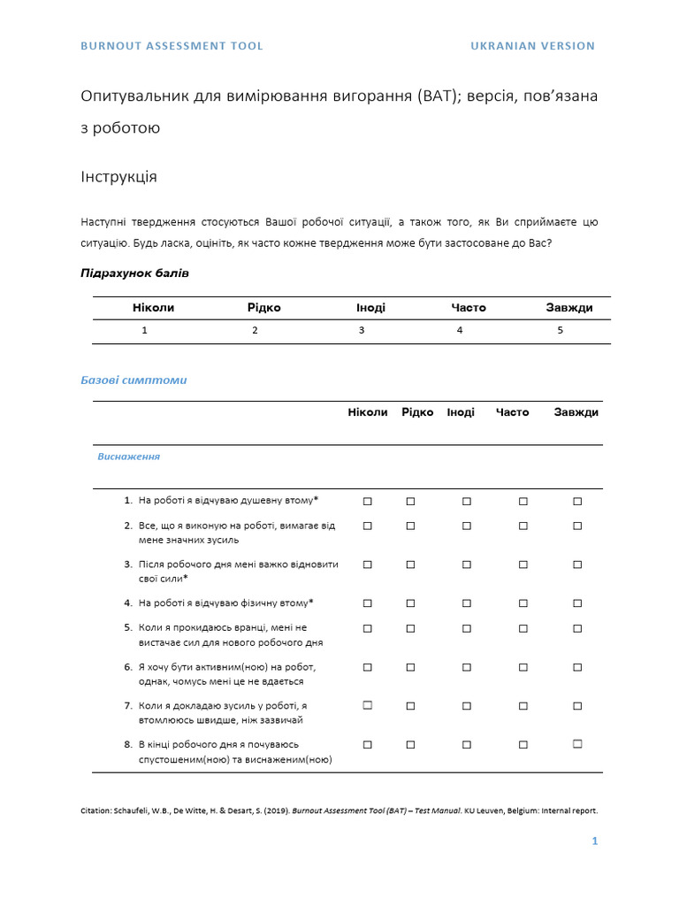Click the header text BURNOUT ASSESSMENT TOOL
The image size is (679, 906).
pyautogui.click(x=172, y=46)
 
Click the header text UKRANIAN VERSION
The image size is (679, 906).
pyautogui.click(x=532, y=46)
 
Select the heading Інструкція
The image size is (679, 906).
pyautogui.click(x=118, y=177)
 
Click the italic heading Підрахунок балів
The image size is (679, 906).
pyautogui.click(x=134, y=273)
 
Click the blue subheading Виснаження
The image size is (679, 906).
pyautogui.click(x=128, y=457)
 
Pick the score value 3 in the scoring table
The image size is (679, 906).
pyautogui.click(x=361, y=330)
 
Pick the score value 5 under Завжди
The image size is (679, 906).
pyautogui.click(x=560, y=330)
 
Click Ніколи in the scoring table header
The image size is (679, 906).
pyautogui.click(x=153, y=308)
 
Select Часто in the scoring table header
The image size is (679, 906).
pyautogui.click(x=469, y=308)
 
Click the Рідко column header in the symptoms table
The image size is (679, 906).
pyautogui.click(x=417, y=412)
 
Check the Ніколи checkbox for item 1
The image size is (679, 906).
pyautogui.click(x=368, y=501)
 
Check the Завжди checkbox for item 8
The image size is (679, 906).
pyautogui.click(x=577, y=745)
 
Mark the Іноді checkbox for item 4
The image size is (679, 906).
pyautogui.click(x=467, y=603)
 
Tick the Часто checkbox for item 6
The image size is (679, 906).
pyautogui.click(x=523, y=667)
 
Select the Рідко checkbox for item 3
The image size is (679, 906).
pyautogui.click(x=410, y=564)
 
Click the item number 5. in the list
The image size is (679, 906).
pyautogui.click(x=128, y=628)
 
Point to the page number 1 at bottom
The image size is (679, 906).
pyautogui.click(x=595, y=841)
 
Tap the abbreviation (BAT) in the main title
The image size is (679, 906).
pyautogui.click(x=435, y=96)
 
